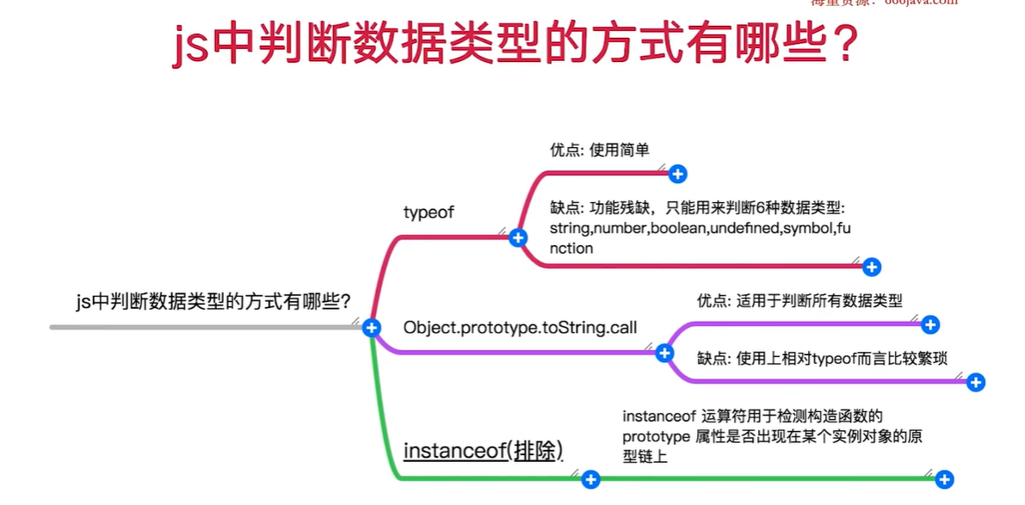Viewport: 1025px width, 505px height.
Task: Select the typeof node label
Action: pyautogui.click(x=428, y=212)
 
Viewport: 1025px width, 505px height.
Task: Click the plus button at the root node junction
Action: pyautogui.click(x=372, y=327)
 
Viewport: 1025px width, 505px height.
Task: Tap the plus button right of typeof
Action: pyautogui.click(x=517, y=238)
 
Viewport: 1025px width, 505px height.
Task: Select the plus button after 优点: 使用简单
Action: pyautogui.click(x=677, y=175)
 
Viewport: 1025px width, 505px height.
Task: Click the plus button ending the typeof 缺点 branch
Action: pyautogui.click(x=872, y=267)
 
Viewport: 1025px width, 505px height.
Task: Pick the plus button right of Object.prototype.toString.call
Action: pyautogui.click(x=664, y=353)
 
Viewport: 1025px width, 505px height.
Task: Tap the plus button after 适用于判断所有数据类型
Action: pyautogui.click(x=929, y=324)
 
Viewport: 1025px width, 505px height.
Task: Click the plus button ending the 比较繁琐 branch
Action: pyautogui.click(x=975, y=382)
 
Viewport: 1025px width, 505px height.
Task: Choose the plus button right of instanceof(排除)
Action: pyautogui.click(x=590, y=479)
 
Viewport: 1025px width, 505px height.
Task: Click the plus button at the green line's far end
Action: pyautogui.click(x=944, y=479)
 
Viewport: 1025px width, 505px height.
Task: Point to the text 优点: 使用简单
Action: pyautogui.click(x=599, y=150)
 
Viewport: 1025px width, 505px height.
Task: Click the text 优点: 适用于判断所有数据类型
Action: pyautogui.click(x=800, y=301)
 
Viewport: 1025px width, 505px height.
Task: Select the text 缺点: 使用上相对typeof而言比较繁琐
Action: pyautogui.click(x=822, y=358)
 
